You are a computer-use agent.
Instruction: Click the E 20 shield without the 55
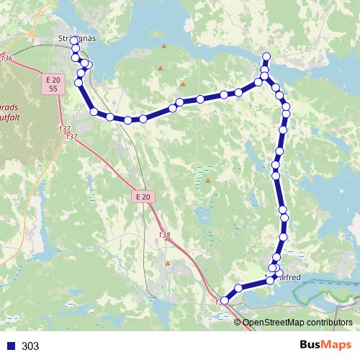143,196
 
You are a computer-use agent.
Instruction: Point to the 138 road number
165,235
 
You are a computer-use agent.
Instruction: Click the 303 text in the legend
30,346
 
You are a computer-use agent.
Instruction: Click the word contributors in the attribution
332,323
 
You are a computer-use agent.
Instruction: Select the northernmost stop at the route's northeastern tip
266,57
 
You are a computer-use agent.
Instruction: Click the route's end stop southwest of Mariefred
225,300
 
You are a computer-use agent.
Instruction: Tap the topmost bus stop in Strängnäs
74,40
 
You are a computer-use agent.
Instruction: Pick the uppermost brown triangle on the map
164,46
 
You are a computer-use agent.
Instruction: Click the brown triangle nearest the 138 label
168,263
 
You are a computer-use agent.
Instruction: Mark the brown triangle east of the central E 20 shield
208,181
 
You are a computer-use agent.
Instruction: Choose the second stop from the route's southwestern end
238,288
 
